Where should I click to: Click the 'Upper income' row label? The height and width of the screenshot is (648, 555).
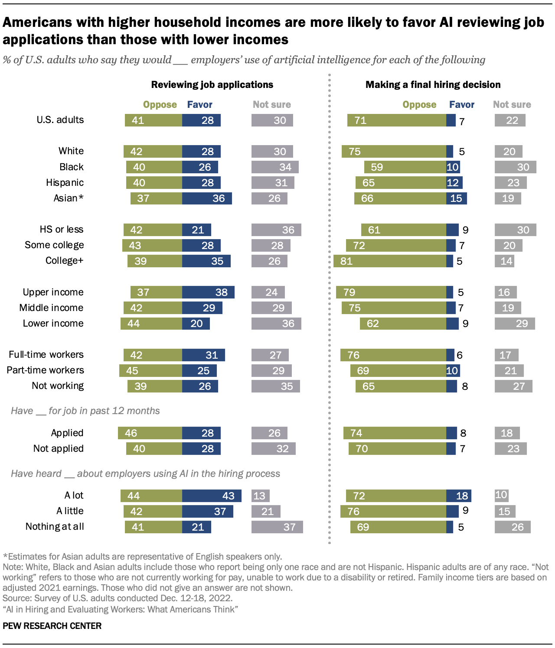[x=53, y=292]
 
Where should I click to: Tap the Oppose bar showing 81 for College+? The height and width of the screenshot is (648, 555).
[x=390, y=261]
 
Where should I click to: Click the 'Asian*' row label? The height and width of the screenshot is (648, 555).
[x=69, y=198]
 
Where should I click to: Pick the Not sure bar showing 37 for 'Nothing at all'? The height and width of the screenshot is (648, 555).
[x=277, y=527]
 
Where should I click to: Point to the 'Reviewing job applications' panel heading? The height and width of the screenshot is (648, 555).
[x=212, y=84]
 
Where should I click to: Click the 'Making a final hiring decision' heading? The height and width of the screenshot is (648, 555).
[x=433, y=84]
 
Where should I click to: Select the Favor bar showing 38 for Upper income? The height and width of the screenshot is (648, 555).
[x=208, y=292]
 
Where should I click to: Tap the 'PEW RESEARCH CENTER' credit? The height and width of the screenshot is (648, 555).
[x=52, y=626]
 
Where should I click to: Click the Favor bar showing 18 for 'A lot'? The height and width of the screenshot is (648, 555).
[x=459, y=496]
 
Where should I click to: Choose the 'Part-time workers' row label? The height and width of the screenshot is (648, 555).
[x=46, y=370]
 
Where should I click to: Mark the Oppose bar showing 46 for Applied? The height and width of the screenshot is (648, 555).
[x=150, y=433]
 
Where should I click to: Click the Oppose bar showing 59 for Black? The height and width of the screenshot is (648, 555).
[x=405, y=167]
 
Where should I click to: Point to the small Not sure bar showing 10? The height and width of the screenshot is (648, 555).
[x=501, y=495]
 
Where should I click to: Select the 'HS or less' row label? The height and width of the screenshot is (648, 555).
[x=62, y=230]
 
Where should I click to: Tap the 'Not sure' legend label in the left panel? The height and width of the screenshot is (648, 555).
[x=272, y=104]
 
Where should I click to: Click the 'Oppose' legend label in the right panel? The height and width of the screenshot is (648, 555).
[x=419, y=104]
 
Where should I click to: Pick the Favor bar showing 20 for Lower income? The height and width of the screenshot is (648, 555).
[x=196, y=324]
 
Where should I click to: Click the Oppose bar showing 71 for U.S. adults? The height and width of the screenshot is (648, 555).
[x=397, y=120]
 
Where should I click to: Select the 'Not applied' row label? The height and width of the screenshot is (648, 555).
[x=59, y=449]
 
